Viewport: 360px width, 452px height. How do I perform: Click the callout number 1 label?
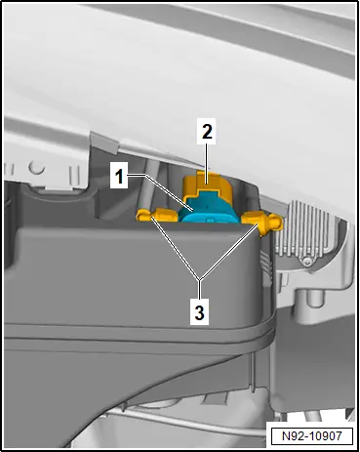tap(119, 177)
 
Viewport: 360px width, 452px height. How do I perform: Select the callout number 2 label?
tap(207, 132)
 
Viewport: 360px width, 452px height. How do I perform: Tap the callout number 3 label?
tap(199, 312)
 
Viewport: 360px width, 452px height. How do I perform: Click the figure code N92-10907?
tap(312, 435)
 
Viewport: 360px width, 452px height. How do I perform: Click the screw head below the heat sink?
tap(305, 261)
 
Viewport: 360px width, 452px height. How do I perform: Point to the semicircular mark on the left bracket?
tap(36, 168)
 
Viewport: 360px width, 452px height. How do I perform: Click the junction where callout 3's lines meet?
tap(200, 280)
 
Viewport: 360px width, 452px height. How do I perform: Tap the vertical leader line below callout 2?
tap(207, 164)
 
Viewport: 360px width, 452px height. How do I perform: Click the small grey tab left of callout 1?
tap(103, 142)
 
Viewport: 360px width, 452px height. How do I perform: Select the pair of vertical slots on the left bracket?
tap(75, 177)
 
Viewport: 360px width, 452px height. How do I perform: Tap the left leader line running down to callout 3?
tap(176, 249)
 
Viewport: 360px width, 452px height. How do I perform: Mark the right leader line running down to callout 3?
tap(229, 251)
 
